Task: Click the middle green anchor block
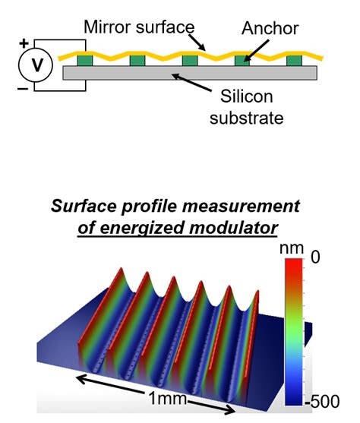point(191,59)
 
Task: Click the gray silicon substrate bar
point(190,74)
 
